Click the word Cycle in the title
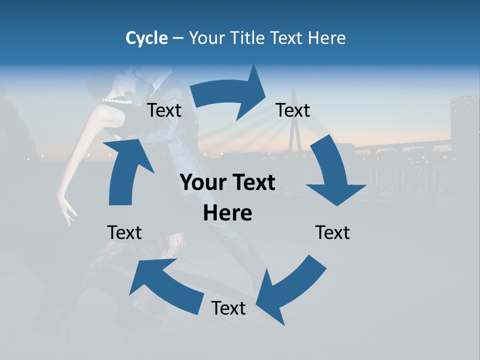146,38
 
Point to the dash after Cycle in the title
178,38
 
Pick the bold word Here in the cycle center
227,213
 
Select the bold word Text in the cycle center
253,183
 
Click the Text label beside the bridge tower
293,110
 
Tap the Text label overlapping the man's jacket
164,110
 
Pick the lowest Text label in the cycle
228,308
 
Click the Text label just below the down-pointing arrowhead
332,232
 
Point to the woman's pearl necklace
118,101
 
